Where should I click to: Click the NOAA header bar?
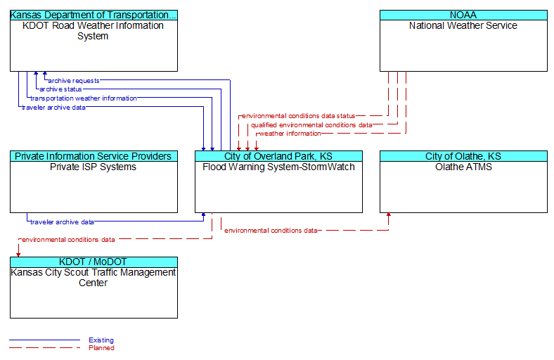point(463,15)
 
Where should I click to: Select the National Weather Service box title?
point(463,25)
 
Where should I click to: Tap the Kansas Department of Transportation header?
point(94,15)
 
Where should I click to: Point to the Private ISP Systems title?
point(94,167)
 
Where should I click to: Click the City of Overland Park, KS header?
point(279,156)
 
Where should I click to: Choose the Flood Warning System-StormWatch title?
point(279,167)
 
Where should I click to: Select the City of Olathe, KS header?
point(463,156)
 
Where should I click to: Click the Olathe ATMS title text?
point(463,167)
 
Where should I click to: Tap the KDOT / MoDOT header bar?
point(94,262)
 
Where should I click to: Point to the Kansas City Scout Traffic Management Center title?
point(94,278)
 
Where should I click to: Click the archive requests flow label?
point(74,81)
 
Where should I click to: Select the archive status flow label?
point(60,89)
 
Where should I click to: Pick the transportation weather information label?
point(84,98)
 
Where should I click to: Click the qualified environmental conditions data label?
point(311,125)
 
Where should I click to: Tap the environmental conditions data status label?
point(299,116)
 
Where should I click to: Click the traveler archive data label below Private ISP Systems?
point(62,222)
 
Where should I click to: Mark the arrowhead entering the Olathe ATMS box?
point(389,214)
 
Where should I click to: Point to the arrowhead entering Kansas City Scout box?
point(18,255)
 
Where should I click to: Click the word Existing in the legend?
point(101,340)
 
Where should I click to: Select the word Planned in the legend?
point(101,348)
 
